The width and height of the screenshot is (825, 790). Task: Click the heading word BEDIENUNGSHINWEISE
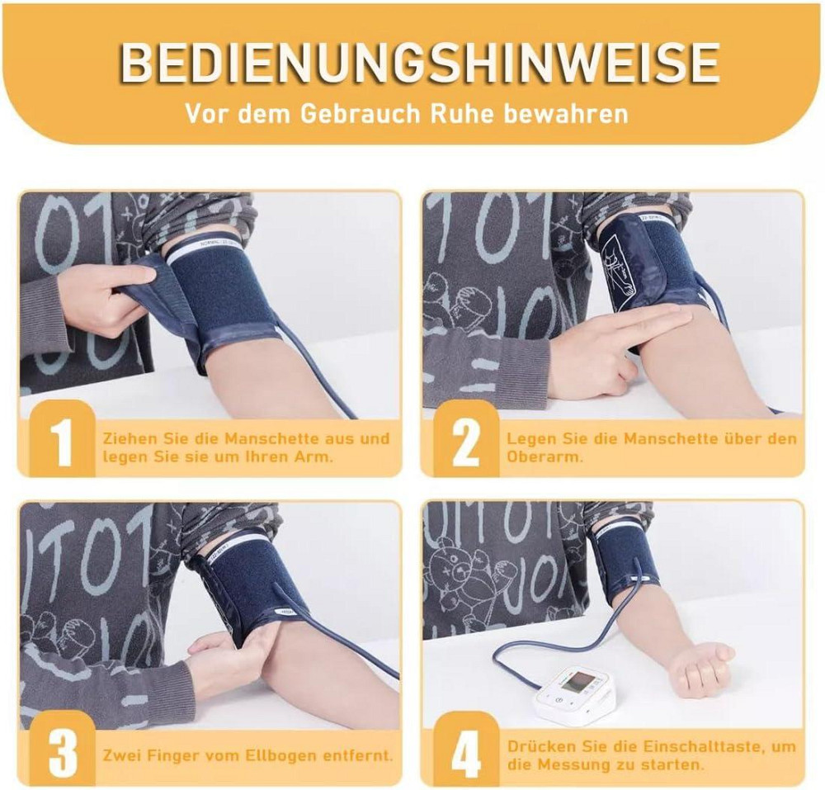click(419, 64)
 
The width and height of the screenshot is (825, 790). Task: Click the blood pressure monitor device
click(575, 693)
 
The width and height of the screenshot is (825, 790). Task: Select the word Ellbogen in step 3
click(280, 756)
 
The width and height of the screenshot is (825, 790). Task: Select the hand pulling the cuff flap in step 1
click(114, 295)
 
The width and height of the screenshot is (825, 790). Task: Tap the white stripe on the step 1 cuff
click(208, 249)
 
